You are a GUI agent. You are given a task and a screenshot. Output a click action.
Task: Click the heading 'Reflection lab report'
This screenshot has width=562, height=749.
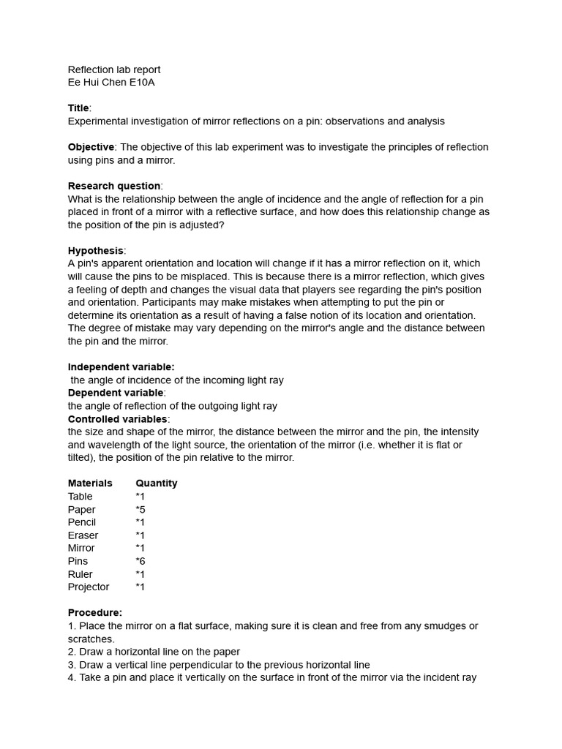[114, 69]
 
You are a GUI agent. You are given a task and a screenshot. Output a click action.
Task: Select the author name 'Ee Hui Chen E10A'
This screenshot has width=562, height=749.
[111, 83]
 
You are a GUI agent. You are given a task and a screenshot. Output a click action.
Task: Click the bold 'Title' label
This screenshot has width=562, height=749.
[78, 108]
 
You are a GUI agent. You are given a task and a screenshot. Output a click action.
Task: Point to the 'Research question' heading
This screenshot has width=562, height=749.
[114, 186]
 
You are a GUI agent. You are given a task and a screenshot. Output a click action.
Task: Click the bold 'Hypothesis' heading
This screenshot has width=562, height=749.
[96, 250]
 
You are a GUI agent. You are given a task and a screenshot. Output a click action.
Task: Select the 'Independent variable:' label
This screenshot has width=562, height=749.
[121, 366]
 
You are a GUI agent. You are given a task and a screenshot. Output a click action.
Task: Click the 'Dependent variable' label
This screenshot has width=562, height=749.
[116, 393]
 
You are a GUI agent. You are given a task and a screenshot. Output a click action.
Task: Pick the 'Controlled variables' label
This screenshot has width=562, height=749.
[118, 419]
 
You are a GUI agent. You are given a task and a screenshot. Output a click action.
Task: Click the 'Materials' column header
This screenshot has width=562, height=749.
[90, 483]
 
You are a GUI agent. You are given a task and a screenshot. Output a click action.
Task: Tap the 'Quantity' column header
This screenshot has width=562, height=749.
[156, 483]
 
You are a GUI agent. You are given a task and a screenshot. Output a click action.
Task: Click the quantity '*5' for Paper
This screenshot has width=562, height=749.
[140, 509]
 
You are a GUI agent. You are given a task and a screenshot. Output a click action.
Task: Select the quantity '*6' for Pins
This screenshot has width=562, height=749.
[140, 561]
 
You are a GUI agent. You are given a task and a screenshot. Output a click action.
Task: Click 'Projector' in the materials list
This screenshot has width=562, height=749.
[89, 587]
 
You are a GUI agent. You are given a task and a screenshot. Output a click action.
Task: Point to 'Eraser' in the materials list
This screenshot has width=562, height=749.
[83, 535]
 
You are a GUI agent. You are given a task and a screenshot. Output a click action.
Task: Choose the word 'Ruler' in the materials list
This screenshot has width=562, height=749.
[80, 574]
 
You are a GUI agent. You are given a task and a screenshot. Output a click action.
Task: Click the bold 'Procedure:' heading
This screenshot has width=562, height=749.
[95, 612]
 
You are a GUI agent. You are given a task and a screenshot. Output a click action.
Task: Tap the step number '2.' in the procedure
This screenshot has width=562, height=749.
[72, 652]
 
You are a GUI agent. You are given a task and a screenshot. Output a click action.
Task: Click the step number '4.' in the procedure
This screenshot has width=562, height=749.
[72, 677]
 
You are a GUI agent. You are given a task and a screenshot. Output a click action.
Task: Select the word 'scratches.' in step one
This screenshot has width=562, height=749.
[91, 639]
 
